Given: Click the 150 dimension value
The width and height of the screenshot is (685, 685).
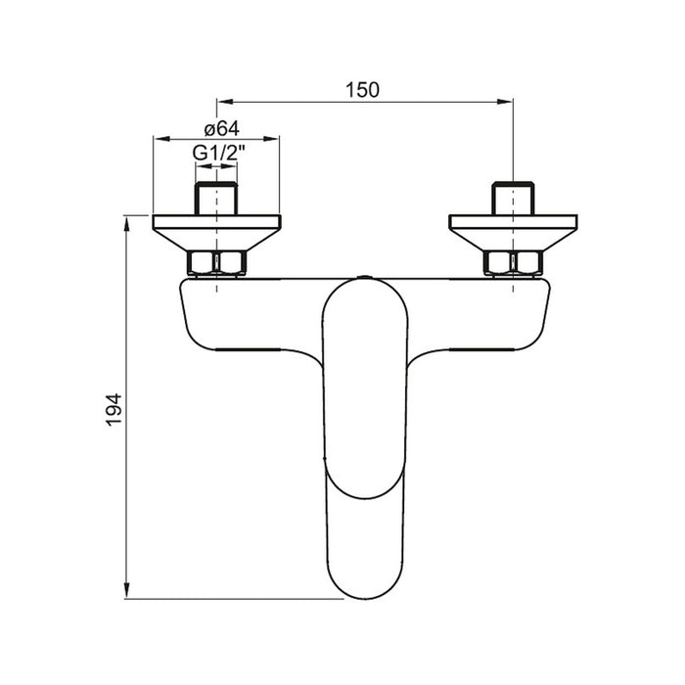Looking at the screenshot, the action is click(x=362, y=90).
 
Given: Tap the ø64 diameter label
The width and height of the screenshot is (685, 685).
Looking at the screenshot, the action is click(x=222, y=129).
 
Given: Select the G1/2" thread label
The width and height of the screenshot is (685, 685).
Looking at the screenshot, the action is click(x=219, y=153).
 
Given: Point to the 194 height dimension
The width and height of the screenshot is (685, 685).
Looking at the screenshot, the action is click(x=114, y=410).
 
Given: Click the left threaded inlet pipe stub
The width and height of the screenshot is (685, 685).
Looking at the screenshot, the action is click(x=216, y=199).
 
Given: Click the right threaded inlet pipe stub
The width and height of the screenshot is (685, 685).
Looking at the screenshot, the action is click(x=513, y=199).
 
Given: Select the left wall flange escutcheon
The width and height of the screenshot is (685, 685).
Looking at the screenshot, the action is click(x=216, y=233).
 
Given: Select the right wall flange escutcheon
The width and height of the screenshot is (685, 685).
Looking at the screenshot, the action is click(x=513, y=233).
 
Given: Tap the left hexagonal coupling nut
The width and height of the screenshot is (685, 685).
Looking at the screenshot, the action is click(x=216, y=263).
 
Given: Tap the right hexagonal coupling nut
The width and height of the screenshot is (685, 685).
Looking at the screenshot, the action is click(x=513, y=263).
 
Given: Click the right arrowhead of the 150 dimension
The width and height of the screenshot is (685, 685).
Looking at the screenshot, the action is click(x=506, y=102).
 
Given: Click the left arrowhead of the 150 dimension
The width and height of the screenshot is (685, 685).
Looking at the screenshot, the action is click(x=224, y=102).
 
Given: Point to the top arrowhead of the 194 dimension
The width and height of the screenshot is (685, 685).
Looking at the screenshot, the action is click(x=126, y=223).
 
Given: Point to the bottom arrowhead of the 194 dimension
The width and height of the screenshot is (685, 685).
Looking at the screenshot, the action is click(x=126, y=591).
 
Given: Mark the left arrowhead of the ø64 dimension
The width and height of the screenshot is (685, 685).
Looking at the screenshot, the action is click(x=161, y=139).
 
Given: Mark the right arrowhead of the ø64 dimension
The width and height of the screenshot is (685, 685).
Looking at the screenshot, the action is click(x=271, y=139).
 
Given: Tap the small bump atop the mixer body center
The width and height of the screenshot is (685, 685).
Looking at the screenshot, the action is click(x=365, y=277).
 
